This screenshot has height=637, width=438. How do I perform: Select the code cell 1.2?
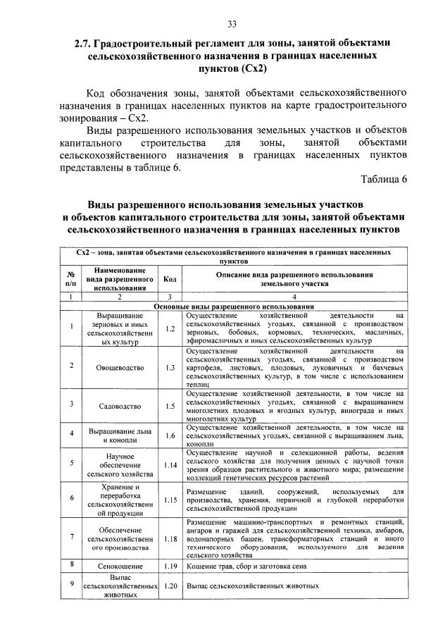[x=170, y=328]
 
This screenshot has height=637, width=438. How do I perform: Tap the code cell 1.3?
[x=170, y=367]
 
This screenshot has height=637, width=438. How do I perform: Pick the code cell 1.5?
[x=170, y=405]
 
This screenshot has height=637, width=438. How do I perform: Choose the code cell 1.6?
[x=170, y=435]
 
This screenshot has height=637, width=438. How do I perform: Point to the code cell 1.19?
[x=170, y=565]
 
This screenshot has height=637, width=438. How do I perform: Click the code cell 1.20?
[x=170, y=585]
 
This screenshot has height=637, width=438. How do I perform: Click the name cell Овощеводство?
[x=117, y=367]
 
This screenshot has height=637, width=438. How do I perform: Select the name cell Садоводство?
[x=117, y=405]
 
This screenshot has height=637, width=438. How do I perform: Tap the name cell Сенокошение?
[x=117, y=565]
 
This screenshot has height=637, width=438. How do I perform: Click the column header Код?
[x=170, y=278]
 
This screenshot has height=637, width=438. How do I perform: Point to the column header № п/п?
[x=72, y=278]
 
